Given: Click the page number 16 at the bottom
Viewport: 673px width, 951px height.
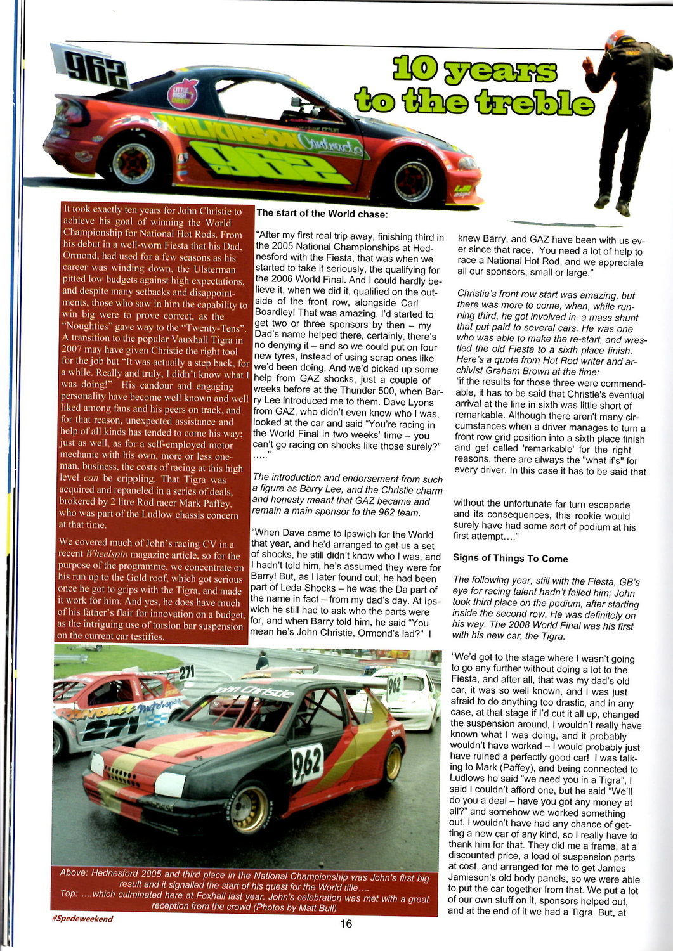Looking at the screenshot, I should (346, 924).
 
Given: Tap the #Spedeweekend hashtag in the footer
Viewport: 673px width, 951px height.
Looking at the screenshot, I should (82, 919).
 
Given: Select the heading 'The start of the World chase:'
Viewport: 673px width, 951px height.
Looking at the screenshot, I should (322, 214).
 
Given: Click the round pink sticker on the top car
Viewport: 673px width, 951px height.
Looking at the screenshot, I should (183, 93).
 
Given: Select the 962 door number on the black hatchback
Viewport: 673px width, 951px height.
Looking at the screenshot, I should (307, 764).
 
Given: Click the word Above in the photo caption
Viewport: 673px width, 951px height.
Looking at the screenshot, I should (73, 873).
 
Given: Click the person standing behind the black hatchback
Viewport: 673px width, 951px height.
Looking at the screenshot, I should (261, 661).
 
